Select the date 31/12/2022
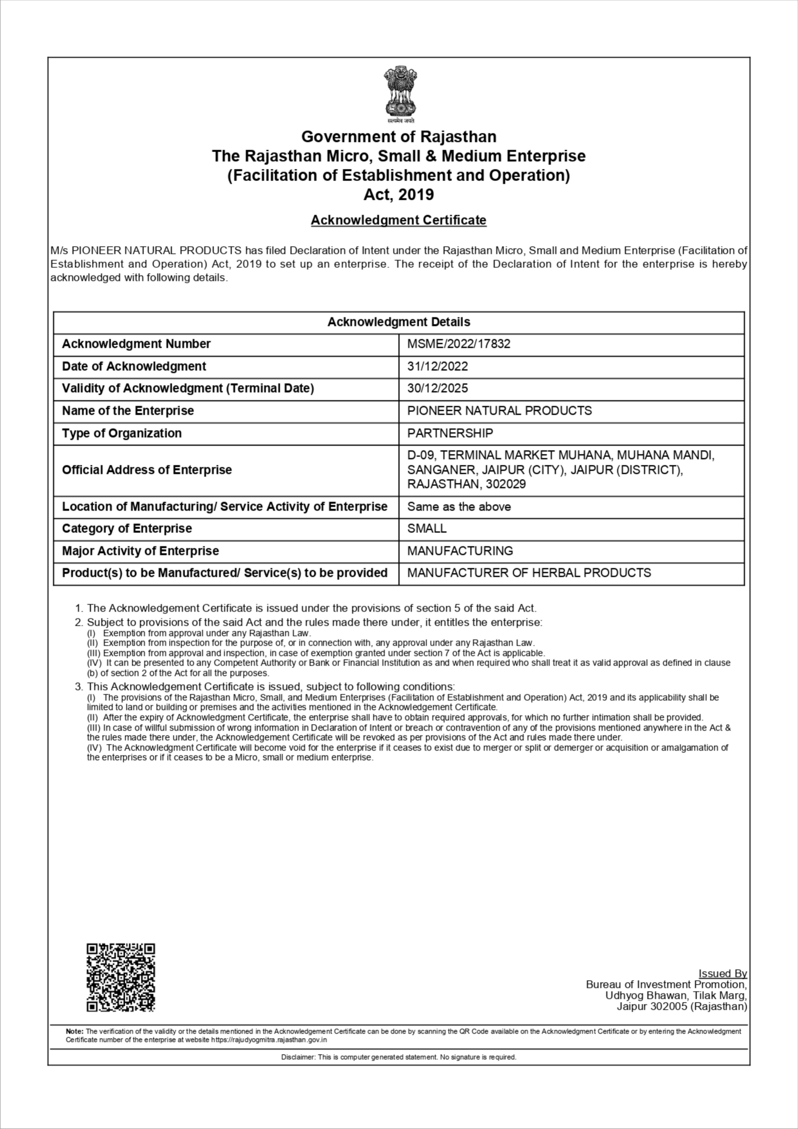437,366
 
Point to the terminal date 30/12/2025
437,388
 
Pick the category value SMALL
426,529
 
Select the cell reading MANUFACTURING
460,551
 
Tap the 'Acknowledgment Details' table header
399,322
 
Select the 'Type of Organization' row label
121,433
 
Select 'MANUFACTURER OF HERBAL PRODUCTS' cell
529,573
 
